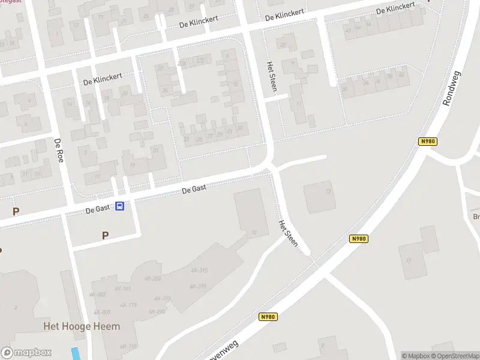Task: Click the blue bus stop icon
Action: point(120,206)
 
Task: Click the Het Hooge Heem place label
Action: point(82,326)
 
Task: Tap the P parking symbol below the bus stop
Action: point(106,235)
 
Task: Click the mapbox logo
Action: point(26,353)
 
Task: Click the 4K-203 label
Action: point(152,278)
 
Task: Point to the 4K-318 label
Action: point(198,286)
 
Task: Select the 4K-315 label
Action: point(199,270)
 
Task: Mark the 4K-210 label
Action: point(157,311)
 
